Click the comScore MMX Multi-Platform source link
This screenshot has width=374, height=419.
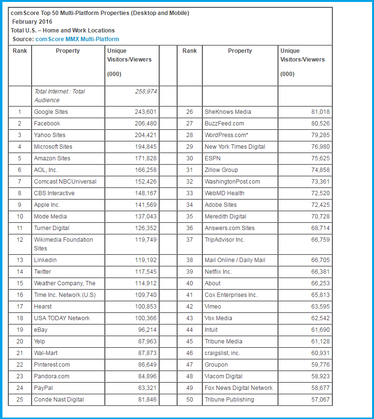click(77, 39)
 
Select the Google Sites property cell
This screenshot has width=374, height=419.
click(51, 112)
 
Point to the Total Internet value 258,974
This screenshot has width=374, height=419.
click(146, 91)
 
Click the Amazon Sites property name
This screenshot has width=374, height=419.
click(52, 158)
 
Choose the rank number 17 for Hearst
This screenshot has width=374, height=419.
click(20, 307)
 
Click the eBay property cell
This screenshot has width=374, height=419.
click(41, 330)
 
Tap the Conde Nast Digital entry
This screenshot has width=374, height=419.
click(59, 400)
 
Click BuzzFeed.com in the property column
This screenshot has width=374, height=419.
click(224, 124)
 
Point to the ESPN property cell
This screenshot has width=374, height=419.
click(212, 158)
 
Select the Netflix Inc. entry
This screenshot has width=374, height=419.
click(218, 272)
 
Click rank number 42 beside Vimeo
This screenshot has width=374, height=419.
click(190, 307)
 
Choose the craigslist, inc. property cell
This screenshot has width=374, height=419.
click(222, 353)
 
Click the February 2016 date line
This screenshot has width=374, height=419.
click(32, 22)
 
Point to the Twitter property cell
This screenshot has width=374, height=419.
click(42, 272)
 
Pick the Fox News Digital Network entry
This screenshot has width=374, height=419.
click(239, 388)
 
